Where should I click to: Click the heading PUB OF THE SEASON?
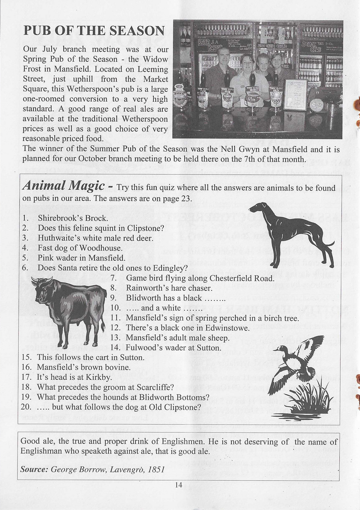pos(94,31)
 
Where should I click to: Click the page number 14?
pos(179,485)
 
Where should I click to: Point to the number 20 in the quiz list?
pos(26,407)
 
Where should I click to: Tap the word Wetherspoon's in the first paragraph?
pos(99,89)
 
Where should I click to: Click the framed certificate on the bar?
pos(295,95)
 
